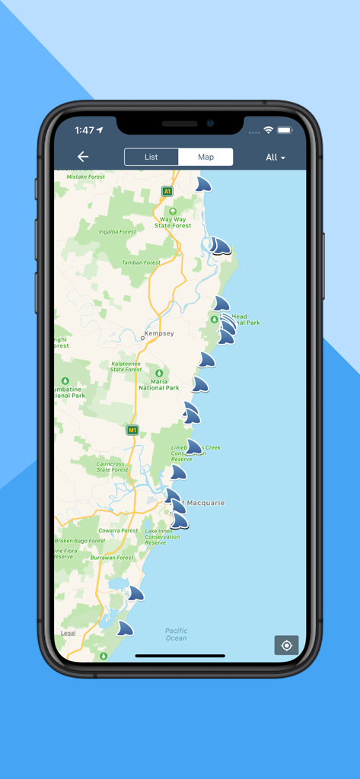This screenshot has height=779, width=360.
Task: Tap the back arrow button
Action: pyautogui.click(x=83, y=157)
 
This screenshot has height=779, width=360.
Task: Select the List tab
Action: pyautogui.click(x=151, y=157)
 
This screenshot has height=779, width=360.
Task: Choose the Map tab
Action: pyautogui.click(x=205, y=157)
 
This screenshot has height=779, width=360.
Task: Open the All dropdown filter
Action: pyautogui.click(x=276, y=157)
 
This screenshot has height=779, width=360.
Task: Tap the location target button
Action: pyautogui.click(x=286, y=645)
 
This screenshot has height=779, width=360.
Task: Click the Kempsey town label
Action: pyautogui.click(x=158, y=334)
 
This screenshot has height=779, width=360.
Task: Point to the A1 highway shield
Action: pyautogui.click(x=167, y=192)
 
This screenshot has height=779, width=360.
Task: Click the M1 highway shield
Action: pyautogui.click(x=132, y=430)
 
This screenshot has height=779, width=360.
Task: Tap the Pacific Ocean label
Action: pyautogui.click(x=176, y=634)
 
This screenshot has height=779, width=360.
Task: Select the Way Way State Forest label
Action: pyautogui.click(x=173, y=222)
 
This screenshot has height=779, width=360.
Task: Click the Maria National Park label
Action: pyautogui.click(x=159, y=384)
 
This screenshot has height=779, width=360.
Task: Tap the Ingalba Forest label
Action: pyautogui.click(x=118, y=231)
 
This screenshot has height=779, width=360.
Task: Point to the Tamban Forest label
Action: pyautogui.click(x=142, y=262)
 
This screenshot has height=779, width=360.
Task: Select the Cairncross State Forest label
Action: pyautogui.click(x=113, y=466)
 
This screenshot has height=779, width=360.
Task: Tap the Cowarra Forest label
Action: pyautogui.click(x=118, y=530)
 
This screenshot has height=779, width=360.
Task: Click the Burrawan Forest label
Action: pyautogui.click(x=112, y=558)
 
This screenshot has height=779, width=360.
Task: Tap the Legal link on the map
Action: pyautogui.click(x=68, y=633)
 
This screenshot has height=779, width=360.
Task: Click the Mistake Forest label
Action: pyautogui.click(x=86, y=176)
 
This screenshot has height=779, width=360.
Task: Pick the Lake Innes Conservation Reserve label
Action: pyautogui.click(x=161, y=536)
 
